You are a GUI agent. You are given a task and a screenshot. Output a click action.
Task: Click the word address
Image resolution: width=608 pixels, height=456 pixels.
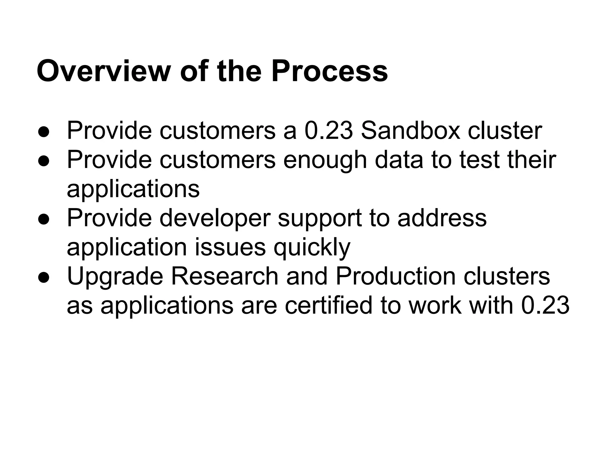coord(442,218)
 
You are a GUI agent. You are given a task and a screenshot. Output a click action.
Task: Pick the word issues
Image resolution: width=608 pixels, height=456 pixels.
coord(230,247)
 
